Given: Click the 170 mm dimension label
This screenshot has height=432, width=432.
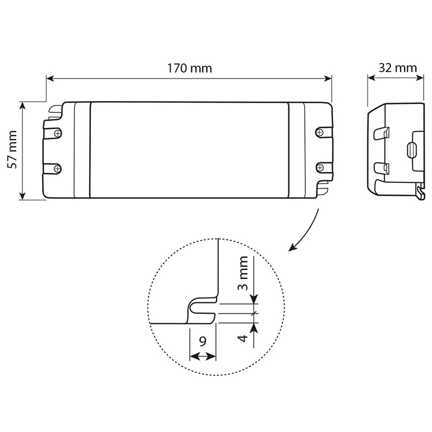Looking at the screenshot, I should coord(189,68).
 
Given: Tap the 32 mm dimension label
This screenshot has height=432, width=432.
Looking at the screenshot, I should coord(398,68).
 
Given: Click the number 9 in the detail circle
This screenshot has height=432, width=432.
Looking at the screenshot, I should coord(203,341).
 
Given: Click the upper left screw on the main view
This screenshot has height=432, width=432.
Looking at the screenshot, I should coord(57,133).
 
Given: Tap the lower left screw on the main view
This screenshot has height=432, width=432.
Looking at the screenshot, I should coord(57,167).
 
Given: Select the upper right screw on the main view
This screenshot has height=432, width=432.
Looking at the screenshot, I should coord(320,132).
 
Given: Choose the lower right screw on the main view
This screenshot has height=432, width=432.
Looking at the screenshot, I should coord(320,167).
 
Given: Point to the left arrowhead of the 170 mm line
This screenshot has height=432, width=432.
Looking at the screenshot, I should coord(49,80).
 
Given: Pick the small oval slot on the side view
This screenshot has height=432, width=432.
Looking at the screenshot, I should coord(411,150).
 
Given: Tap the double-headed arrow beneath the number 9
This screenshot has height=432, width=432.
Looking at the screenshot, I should coord(203,356).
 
